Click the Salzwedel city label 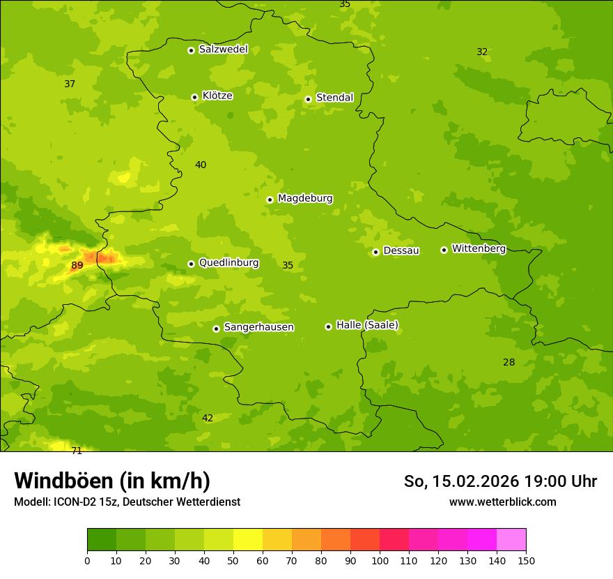click(x=223, y=50)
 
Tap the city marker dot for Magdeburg click(x=270, y=200)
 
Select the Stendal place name click(x=334, y=98)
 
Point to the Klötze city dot click(x=194, y=97)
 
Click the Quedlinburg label click(x=228, y=263)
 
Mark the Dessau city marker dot click(x=375, y=252)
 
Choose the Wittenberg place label click(x=479, y=248)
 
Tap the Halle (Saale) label click(x=367, y=325)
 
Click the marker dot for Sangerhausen click(x=216, y=329)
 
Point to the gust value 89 click(x=77, y=265)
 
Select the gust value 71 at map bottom click(x=77, y=451)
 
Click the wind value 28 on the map click(x=509, y=362)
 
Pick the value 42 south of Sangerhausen click(x=208, y=418)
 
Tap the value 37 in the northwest click(x=70, y=84)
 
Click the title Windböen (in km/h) click(x=112, y=481)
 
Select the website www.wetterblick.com click(x=502, y=502)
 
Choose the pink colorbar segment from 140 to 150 click(x=511, y=540)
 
